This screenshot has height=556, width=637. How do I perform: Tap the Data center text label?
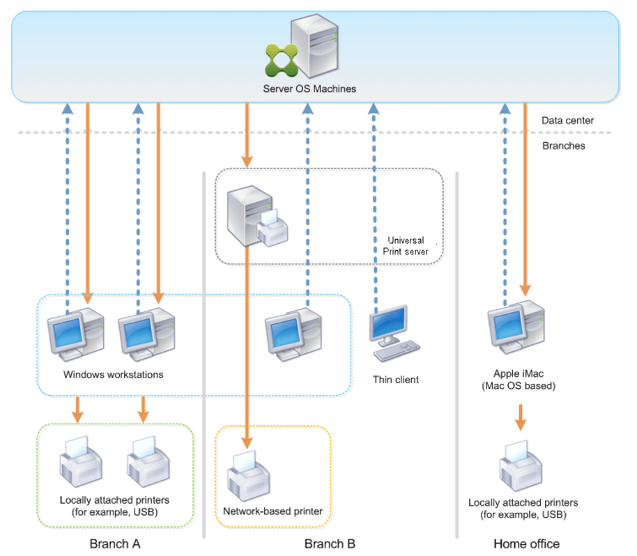568,121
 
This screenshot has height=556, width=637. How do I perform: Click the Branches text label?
563,146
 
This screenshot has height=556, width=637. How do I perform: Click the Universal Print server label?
406,245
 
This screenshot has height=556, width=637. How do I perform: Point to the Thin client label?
396,380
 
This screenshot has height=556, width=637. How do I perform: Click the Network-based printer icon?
248,474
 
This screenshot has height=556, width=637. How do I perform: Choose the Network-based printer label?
273,511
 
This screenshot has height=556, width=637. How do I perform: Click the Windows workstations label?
113,375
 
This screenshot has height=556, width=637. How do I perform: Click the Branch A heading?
115,543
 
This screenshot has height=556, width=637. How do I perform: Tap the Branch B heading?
330,543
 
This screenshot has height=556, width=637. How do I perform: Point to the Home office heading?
526,543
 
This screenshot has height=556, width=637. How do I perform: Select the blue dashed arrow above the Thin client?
373,209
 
